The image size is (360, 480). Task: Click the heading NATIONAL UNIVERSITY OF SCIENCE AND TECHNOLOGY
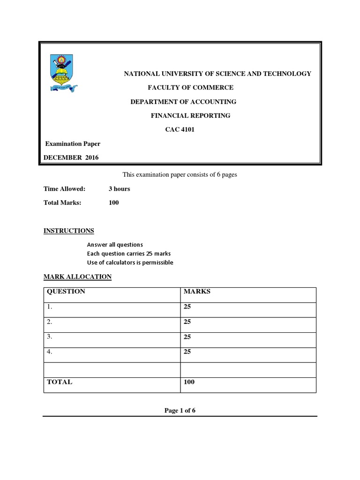[x=217, y=74]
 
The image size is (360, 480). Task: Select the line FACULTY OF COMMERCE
[x=190, y=88]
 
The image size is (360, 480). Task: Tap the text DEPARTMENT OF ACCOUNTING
[x=183, y=102]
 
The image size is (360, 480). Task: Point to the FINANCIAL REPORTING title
[x=190, y=116]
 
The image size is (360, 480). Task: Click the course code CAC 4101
[x=179, y=130]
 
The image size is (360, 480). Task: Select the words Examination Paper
[x=72, y=144]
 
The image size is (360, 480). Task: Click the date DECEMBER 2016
[x=71, y=158]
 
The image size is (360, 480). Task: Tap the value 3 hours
[x=119, y=189]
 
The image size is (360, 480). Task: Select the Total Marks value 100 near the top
[x=114, y=203]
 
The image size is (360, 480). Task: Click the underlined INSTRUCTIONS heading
[x=69, y=231]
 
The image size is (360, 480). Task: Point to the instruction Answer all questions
[x=115, y=245]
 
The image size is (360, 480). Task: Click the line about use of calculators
[x=130, y=262]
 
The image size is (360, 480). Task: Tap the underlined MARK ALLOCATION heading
[x=77, y=277]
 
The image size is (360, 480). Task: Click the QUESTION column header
[x=66, y=292]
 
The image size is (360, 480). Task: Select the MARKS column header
[x=197, y=292]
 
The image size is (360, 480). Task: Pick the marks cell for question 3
[x=187, y=337]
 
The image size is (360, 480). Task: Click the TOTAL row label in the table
[x=60, y=382]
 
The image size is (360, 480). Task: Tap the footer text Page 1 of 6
[x=180, y=411]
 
